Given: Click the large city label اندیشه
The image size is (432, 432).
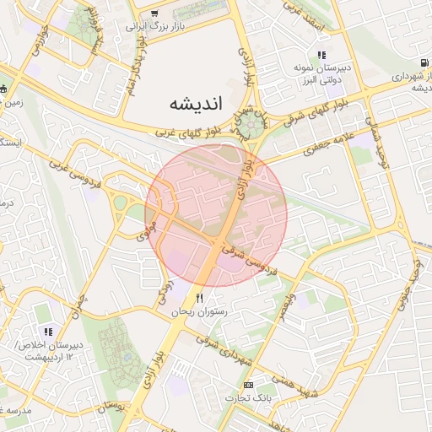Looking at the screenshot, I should (195, 105).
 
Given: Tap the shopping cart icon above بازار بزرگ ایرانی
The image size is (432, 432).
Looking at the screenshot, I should (154, 13).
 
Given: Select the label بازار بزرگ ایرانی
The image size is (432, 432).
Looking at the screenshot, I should (154, 26).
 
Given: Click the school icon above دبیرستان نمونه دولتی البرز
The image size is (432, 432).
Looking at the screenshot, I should (321, 55).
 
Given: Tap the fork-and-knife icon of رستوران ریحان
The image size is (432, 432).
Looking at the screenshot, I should (200, 299).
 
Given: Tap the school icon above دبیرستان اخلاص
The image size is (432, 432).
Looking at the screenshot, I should (48, 331).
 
